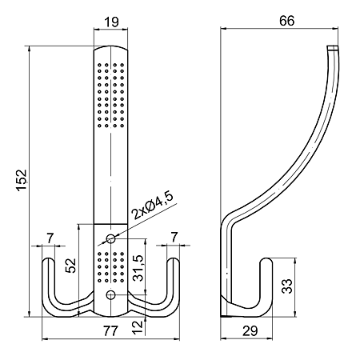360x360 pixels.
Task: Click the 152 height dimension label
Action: [x=22, y=180]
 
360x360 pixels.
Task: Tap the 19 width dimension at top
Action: [x=111, y=22]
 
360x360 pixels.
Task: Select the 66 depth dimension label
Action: [x=286, y=21]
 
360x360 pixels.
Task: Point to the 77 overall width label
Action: [x=110, y=331]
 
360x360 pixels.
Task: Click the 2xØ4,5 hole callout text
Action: [x=153, y=205]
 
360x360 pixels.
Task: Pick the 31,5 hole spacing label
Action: [x=138, y=268]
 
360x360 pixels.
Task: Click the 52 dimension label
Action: [x=71, y=266]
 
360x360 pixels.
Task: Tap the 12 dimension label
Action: [x=138, y=327]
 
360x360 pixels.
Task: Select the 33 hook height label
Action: [x=287, y=286]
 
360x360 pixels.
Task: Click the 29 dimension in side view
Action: [x=250, y=331]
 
